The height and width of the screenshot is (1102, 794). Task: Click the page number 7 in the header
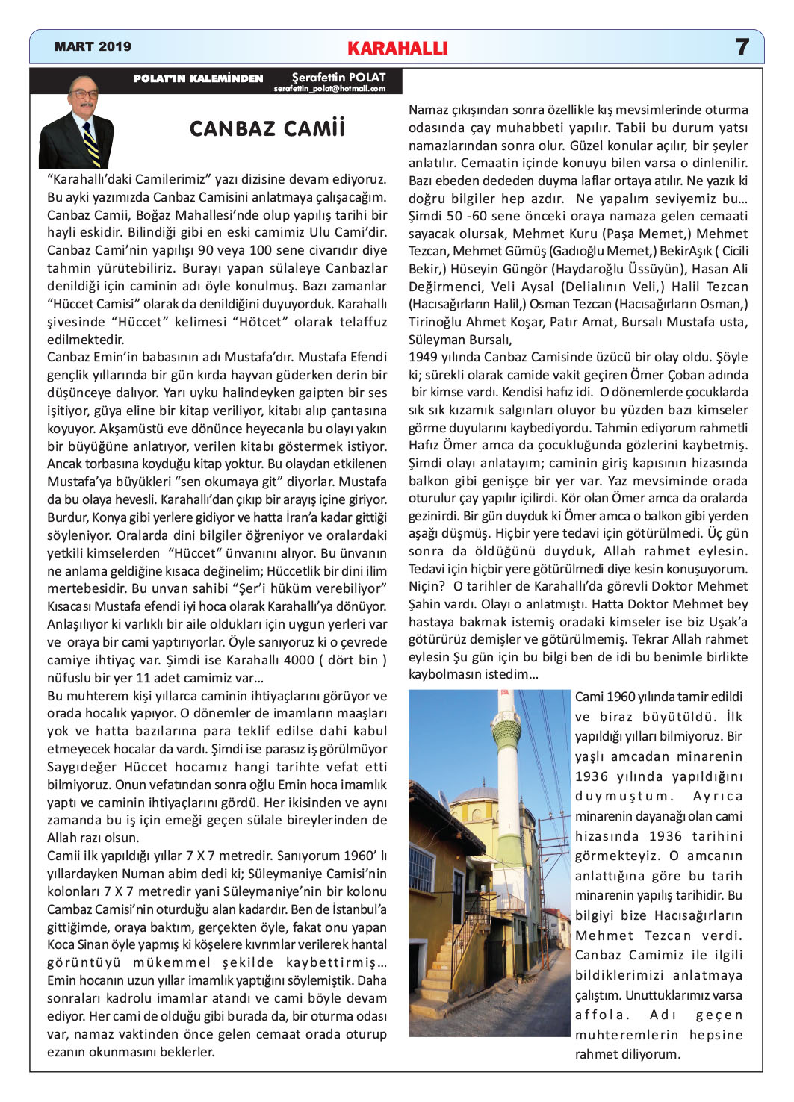click(742, 47)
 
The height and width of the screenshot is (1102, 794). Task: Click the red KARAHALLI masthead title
click(397, 49)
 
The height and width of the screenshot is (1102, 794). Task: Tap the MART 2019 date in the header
click(93, 47)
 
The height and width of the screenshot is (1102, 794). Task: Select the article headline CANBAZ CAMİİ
click(267, 128)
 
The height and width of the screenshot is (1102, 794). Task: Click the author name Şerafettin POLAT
click(338, 77)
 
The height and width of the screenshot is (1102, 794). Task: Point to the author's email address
click(329, 89)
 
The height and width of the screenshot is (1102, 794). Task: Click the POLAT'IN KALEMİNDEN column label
click(198, 78)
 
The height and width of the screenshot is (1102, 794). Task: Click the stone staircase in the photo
click(441, 963)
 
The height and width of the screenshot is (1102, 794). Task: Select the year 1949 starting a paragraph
click(424, 357)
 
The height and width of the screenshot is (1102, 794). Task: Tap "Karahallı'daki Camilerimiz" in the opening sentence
click(128, 179)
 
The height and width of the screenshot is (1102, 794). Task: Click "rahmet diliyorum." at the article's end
click(627, 1054)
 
